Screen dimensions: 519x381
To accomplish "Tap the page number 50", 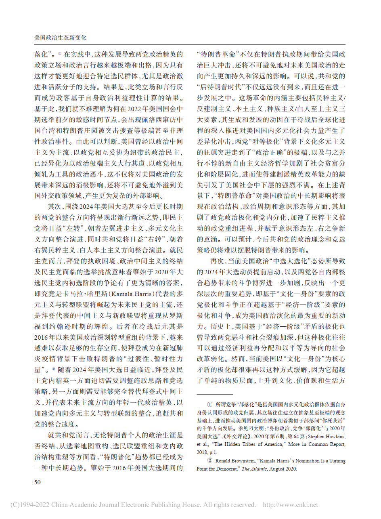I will (38, 482).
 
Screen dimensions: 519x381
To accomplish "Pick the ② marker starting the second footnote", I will (209, 461).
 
